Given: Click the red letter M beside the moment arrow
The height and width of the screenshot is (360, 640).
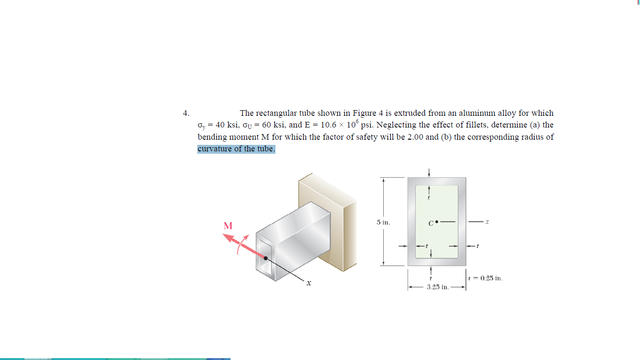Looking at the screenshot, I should coord(228,226).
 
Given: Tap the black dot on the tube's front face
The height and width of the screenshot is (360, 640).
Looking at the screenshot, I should coord(266,258).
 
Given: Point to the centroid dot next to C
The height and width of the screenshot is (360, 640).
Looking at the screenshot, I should coord(437,221).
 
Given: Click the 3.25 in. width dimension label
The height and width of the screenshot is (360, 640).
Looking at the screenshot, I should coord(438,286).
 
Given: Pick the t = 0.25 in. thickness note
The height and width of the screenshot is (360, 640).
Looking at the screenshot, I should coord(485,278).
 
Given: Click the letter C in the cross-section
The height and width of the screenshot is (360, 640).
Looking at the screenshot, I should coord(431,223).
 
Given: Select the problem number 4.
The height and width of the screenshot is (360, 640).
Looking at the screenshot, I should coord(186,113).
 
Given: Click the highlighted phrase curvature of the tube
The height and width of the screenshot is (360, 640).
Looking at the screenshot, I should coord(236,149).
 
